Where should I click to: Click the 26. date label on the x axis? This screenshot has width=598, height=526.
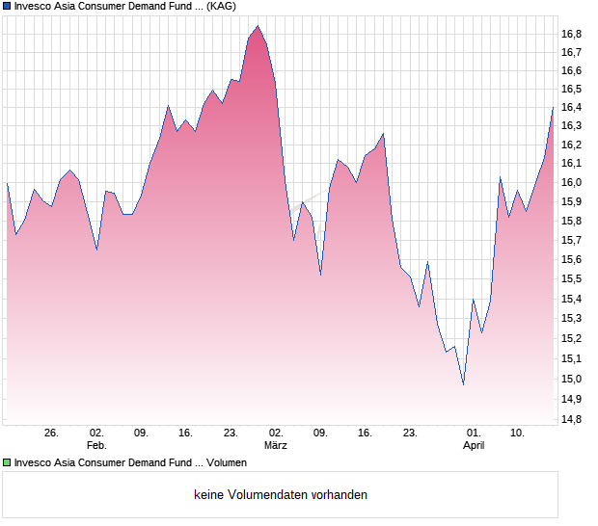[x=51, y=434]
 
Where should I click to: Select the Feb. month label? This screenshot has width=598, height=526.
[x=96, y=446]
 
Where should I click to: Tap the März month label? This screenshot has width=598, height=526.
[x=277, y=446]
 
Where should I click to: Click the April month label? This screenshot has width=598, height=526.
[x=474, y=446]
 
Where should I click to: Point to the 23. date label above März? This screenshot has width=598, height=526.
[x=231, y=434]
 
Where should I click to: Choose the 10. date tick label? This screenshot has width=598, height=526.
[x=518, y=434]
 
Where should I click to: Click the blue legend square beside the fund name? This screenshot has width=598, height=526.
[x=7, y=6]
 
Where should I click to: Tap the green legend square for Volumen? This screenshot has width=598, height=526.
[x=7, y=463]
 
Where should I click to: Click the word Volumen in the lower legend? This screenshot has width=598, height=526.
[x=225, y=463]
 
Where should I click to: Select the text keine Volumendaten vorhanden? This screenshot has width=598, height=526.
[x=281, y=495]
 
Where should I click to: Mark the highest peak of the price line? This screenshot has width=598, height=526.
[x=258, y=26]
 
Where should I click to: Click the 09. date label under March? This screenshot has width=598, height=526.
[x=321, y=434]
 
